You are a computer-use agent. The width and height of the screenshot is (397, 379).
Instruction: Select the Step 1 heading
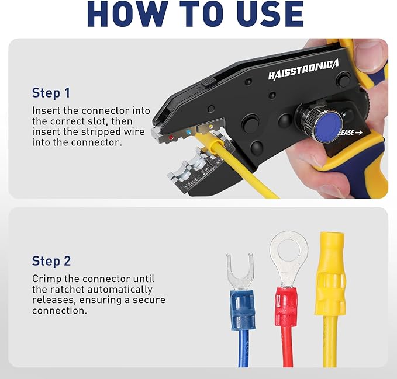(x=54, y=93)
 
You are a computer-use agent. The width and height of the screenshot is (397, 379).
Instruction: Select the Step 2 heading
(x=54, y=260)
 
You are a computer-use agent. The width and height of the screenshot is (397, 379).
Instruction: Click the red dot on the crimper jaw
(x=171, y=138)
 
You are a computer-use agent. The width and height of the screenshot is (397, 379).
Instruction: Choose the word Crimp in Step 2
(x=46, y=279)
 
